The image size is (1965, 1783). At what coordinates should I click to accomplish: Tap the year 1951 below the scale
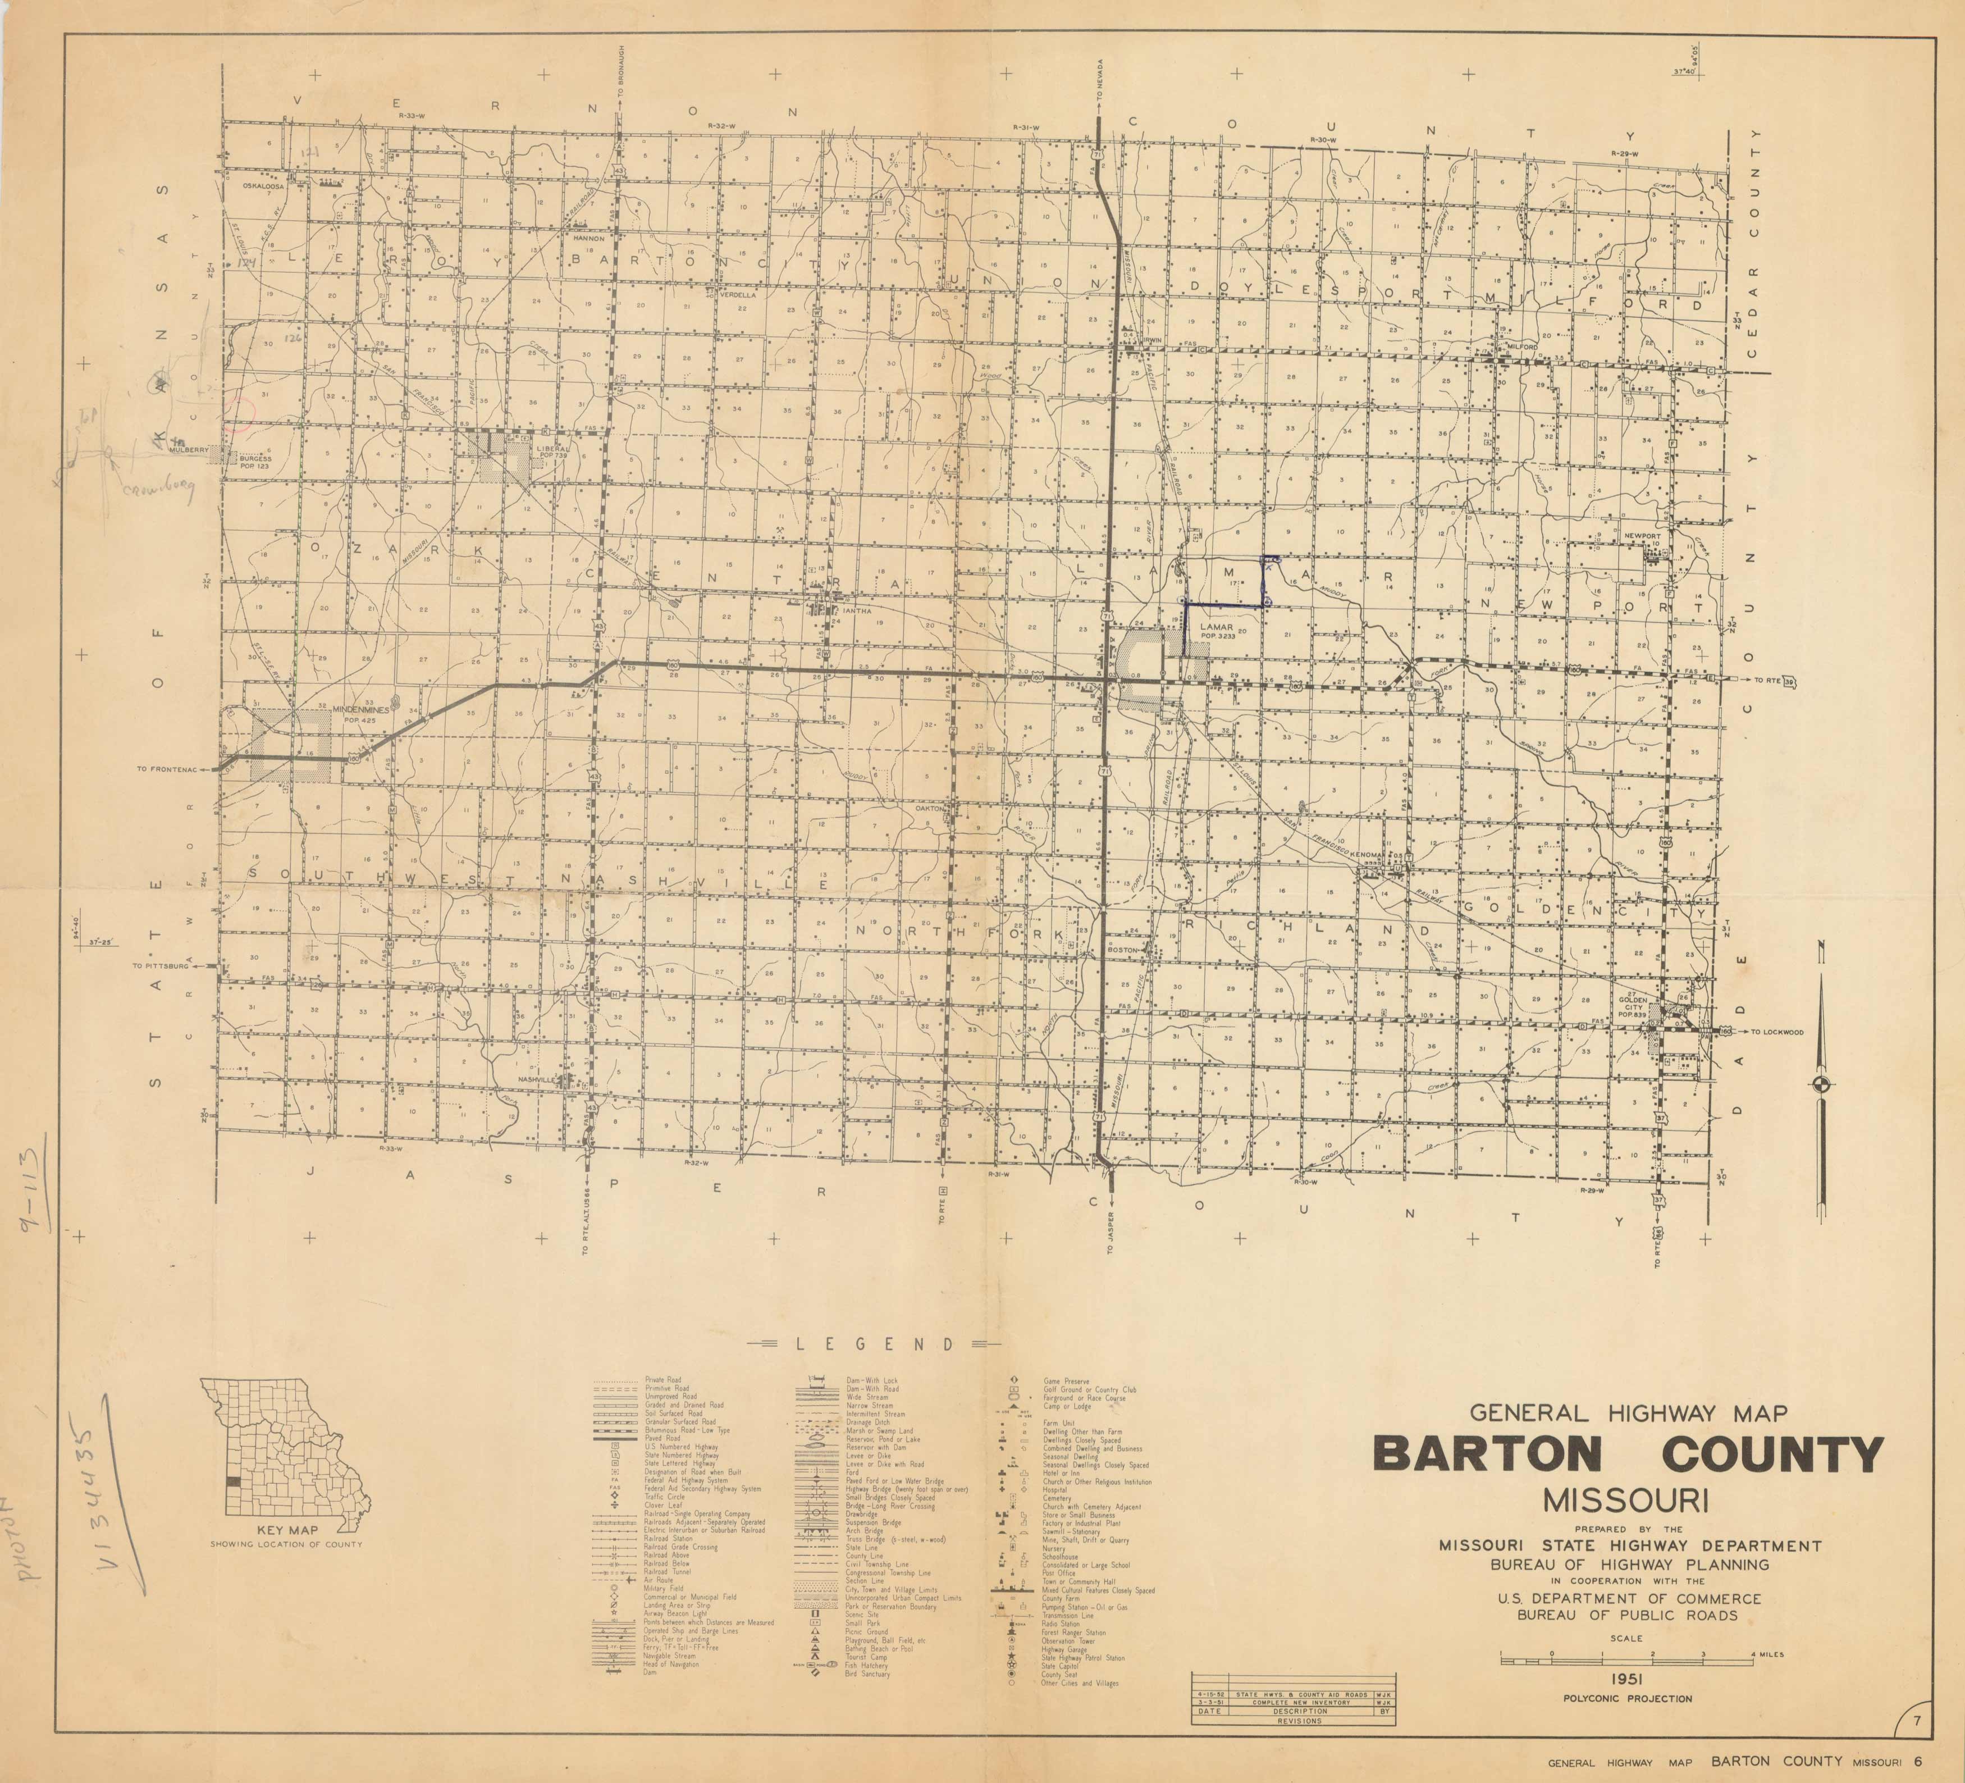(1627, 1678)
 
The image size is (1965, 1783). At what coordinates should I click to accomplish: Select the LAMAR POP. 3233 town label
(1217, 631)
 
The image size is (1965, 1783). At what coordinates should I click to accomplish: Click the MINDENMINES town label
(360, 710)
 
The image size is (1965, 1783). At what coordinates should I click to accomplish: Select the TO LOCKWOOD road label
(1777, 1032)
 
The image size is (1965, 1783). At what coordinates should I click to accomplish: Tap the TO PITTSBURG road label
(161, 966)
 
